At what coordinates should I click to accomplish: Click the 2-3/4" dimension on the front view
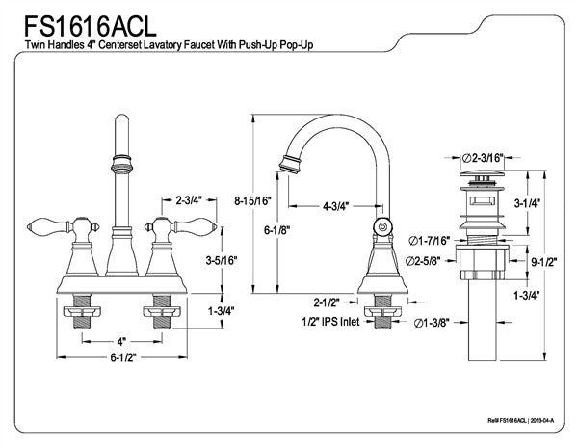188,200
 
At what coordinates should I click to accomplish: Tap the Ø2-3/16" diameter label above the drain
483,156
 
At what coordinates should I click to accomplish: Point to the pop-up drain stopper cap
482,176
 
